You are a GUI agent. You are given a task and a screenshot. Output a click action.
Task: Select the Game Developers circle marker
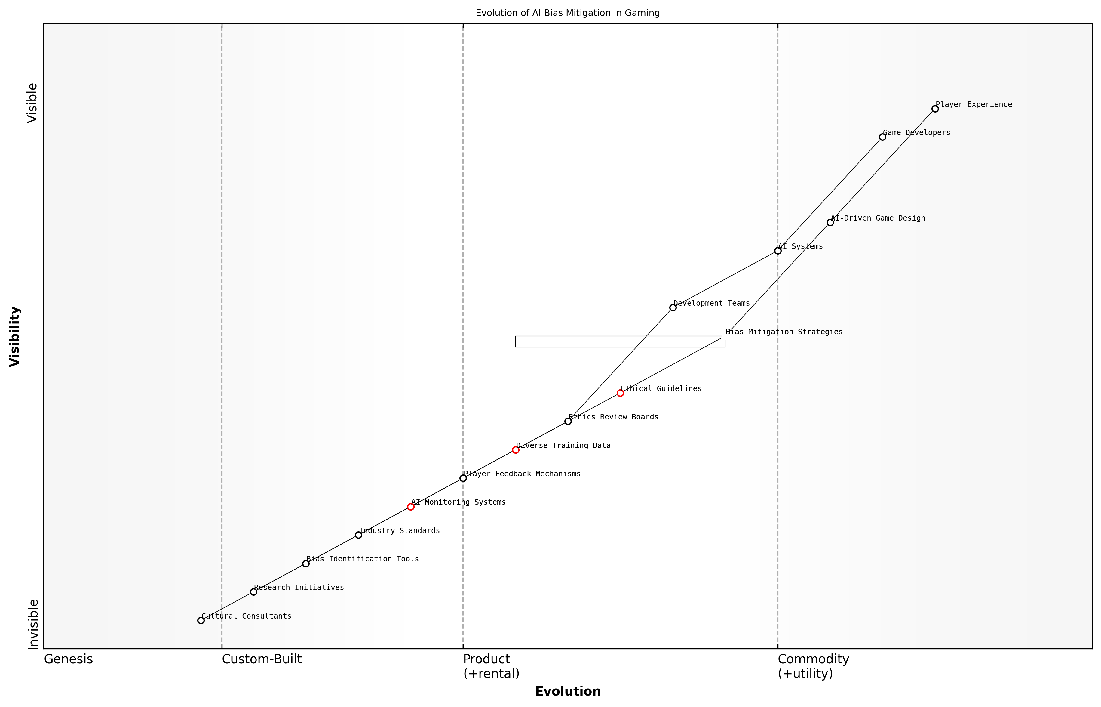click(882, 137)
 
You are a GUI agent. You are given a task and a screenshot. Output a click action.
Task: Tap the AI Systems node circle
click(777, 251)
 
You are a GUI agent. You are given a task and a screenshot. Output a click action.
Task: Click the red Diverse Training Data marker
click(516, 450)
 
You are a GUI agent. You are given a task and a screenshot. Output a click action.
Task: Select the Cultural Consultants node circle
click(201, 621)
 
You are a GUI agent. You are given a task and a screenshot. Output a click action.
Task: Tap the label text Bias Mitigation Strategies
click(784, 332)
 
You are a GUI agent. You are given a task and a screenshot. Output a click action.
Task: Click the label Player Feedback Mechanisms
click(522, 474)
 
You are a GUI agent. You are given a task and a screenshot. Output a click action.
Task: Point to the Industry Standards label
click(399, 531)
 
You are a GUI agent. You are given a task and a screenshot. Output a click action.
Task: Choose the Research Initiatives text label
click(299, 588)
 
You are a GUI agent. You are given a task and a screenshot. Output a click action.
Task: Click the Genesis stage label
click(68, 660)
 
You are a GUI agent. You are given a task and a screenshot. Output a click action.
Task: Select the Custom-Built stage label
click(262, 660)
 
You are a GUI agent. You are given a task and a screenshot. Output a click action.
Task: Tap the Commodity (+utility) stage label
click(813, 666)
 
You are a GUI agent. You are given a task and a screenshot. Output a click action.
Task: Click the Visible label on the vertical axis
click(32, 103)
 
